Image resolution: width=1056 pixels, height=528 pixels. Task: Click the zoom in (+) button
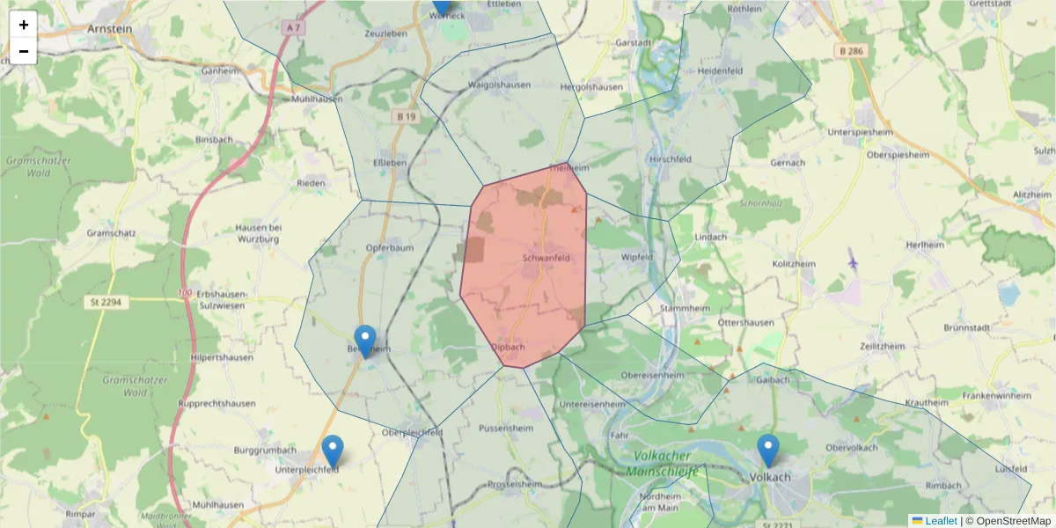coord(24,25)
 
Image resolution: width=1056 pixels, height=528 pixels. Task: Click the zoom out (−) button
coord(24,51)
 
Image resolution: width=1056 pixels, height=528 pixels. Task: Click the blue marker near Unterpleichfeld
coord(332,451)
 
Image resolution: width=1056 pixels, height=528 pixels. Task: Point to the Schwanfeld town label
coord(546,258)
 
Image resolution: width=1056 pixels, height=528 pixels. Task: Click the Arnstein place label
coord(109,28)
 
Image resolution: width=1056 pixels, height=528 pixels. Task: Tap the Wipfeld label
coord(637,257)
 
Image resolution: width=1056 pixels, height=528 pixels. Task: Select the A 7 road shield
coord(293,28)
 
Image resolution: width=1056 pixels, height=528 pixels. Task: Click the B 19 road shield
coord(406,116)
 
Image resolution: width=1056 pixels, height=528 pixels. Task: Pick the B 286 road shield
coord(850,52)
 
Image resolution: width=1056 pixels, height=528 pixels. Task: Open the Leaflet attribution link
coord(941,521)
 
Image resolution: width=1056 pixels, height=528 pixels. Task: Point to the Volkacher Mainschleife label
coord(662,464)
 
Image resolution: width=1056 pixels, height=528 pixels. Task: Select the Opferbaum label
coord(389,248)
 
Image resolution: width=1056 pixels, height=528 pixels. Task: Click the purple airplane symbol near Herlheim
coord(852,261)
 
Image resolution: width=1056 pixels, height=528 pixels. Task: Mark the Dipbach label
coord(508,347)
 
